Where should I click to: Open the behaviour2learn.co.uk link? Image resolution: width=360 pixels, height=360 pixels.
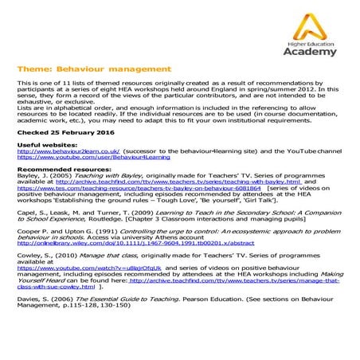point(67,151)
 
